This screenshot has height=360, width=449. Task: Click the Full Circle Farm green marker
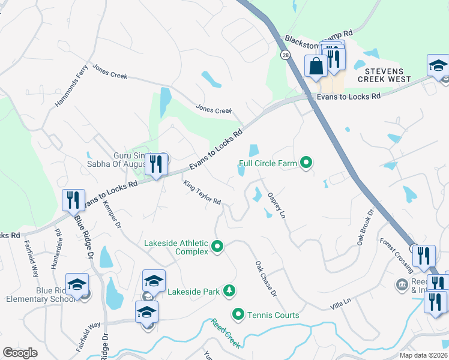pyautogui.click(x=306, y=163)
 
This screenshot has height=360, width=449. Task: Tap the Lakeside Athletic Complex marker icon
pyautogui.click(x=217, y=247)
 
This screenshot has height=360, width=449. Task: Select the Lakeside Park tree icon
pyautogui.click(x=228, y=292)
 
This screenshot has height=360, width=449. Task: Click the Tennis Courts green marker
pyautogui.click(x=238, y=314)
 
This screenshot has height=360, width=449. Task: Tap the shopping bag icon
pyautogui.click(x=316, y=65)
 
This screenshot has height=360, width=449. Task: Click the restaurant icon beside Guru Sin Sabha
pyautogui.click(x=156, y=163)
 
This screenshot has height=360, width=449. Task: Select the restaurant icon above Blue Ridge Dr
pyautogui.click(x=73, y=199)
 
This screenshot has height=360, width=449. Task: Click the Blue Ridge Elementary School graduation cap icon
pyautogui.click(x=77, y=284)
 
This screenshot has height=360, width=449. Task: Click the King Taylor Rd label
pyautogui.click(x=203, y=193)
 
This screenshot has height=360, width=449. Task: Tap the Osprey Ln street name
pyautogui.click(x=276, y=205)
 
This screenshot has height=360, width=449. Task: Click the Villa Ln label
pyautogui.click(x=339, y=307)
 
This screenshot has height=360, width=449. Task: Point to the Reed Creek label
pyautogui.click(x=226, y=333)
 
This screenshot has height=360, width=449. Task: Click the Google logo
pyautogui.click(x=20, y=353)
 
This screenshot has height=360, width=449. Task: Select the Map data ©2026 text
pyautogui.click(x=423, y=355)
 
